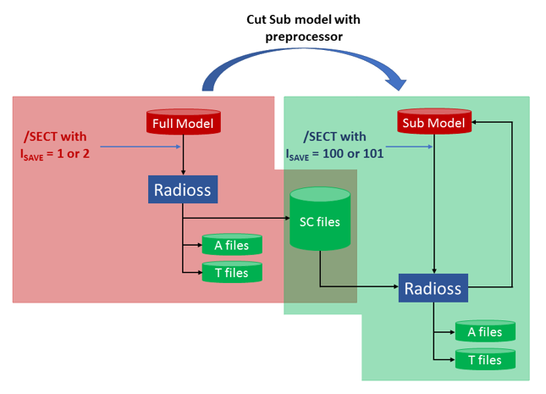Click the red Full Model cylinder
pyautogui.click(x=184, y=123)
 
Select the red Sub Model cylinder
pyautogui.click(x=433, y=123)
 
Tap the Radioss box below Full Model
pyautogui.click(x=184, y=189)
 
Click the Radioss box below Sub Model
pyautogui.click(x=433, y=289)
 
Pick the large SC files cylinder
pyautogui.click(x=320, y=219)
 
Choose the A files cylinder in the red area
pyautogui.click(x=231, y=246)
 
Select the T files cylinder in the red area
pyautogui.click(x=231, y=273)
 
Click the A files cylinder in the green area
pyautogui.click(x=485, y=332)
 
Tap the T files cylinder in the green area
pyautogui.click(x=485, y=360)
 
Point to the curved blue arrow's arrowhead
pyautogui.click(x=396, y=82)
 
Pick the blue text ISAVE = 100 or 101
pyautogui.click(x=334, y=155)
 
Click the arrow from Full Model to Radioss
pyautogui.click(x=184, y=156)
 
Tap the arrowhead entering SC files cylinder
pyautogui.click(x=286, y=219)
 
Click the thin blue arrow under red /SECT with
pyautogui.click(x=135, y=146)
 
